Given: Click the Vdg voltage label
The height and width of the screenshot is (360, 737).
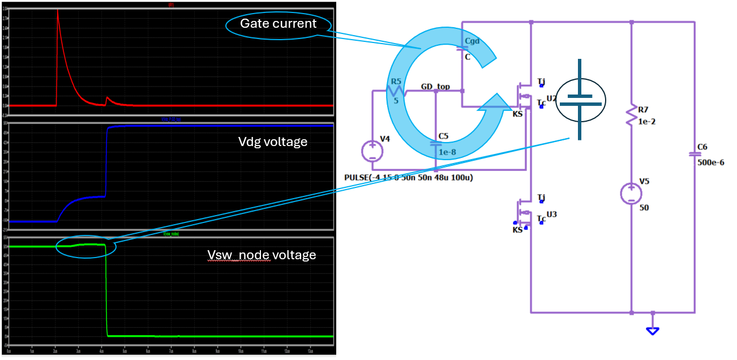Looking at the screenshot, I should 273,142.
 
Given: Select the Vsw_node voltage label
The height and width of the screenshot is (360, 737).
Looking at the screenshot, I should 262,255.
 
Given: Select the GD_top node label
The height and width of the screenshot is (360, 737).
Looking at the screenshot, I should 435,87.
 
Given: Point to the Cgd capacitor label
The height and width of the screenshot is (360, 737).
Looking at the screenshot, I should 472,41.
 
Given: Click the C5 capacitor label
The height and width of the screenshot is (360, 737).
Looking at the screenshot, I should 443,136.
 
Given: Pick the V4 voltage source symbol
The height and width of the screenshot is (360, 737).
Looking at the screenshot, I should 372,151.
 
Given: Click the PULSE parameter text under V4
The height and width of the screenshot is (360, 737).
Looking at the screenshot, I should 408,177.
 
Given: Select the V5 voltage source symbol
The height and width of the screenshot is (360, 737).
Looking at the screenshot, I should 631,194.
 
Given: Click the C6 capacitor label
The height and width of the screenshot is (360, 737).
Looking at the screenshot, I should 702,147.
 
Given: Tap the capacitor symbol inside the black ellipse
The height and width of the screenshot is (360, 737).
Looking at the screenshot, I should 580,100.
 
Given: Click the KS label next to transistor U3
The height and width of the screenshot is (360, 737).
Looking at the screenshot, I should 517,230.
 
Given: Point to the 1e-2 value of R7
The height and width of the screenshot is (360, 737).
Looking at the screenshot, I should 647,122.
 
